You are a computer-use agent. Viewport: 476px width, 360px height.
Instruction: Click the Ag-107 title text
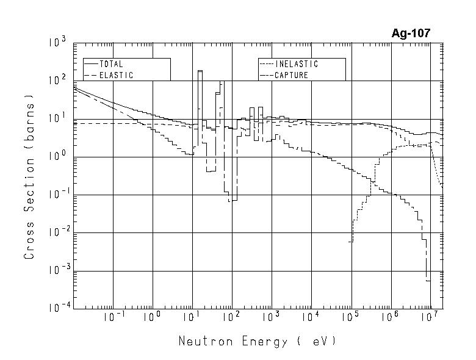411,33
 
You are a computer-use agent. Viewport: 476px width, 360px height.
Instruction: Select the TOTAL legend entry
112,64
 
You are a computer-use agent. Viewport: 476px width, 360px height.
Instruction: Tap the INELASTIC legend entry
297,64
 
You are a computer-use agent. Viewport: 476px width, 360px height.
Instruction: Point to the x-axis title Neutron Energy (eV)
257,341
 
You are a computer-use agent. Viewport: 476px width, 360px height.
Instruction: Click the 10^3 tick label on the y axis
57,43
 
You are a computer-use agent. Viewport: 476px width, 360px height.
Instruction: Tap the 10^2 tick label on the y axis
57,81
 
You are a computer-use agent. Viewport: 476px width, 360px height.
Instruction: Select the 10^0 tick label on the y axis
57,157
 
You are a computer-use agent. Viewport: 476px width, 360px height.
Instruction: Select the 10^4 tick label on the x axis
311,316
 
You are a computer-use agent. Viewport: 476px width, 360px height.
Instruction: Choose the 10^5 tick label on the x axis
350,316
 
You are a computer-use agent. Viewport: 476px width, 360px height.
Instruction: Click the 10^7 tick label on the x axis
430,316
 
